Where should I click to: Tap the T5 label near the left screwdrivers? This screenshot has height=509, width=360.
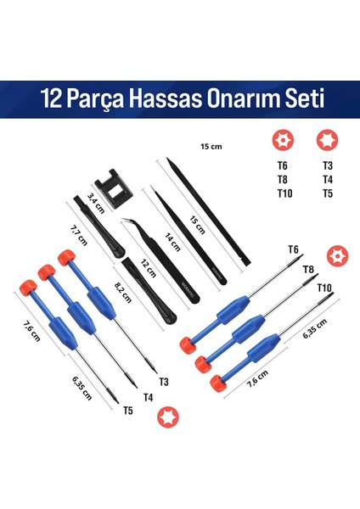127,410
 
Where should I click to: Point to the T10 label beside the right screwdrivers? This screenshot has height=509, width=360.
323,288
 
